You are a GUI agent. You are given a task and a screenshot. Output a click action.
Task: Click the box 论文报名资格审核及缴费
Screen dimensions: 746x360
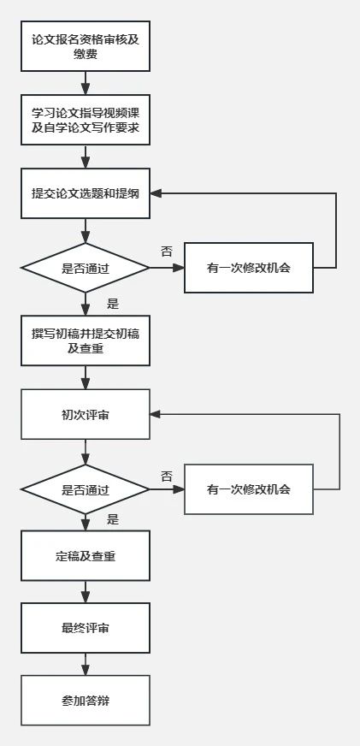click(86, 46)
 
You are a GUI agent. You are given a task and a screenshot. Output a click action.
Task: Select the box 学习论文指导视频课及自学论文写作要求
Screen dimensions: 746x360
click(86, 120)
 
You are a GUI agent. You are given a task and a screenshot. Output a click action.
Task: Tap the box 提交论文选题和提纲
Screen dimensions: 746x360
click(86, 193)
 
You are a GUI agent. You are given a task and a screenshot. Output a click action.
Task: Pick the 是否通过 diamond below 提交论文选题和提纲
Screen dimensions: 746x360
click(86, 268)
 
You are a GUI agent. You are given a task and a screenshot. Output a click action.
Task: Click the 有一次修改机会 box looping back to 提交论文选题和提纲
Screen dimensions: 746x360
click(249, 268)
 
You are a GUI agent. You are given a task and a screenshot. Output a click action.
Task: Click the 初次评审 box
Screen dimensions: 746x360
click(86, 415)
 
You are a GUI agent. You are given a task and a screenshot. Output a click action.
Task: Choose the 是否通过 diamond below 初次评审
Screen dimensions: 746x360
click(86, 489)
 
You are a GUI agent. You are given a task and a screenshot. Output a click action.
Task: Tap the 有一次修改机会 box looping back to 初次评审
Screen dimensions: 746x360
click(249, 489)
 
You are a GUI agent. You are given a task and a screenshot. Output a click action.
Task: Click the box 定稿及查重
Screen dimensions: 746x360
click(86, 556)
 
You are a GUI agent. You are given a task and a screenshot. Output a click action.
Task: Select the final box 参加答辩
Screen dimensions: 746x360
click(86, 701)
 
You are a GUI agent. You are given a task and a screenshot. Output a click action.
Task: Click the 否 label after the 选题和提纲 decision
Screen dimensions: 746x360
click(166, 252)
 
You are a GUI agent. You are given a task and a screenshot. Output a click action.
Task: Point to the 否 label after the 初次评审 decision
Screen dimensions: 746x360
click(166, 476)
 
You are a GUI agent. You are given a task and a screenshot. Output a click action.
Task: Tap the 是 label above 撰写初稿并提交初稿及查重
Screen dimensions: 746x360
click(113, 304)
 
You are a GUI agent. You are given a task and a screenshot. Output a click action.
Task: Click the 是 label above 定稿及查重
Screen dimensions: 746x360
click(113, 519)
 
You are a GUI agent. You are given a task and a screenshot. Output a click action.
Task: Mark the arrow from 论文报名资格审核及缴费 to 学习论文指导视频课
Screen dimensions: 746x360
click(86, 83)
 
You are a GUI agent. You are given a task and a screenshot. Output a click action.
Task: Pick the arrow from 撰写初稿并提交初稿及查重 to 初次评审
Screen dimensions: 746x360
click(86, 378)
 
